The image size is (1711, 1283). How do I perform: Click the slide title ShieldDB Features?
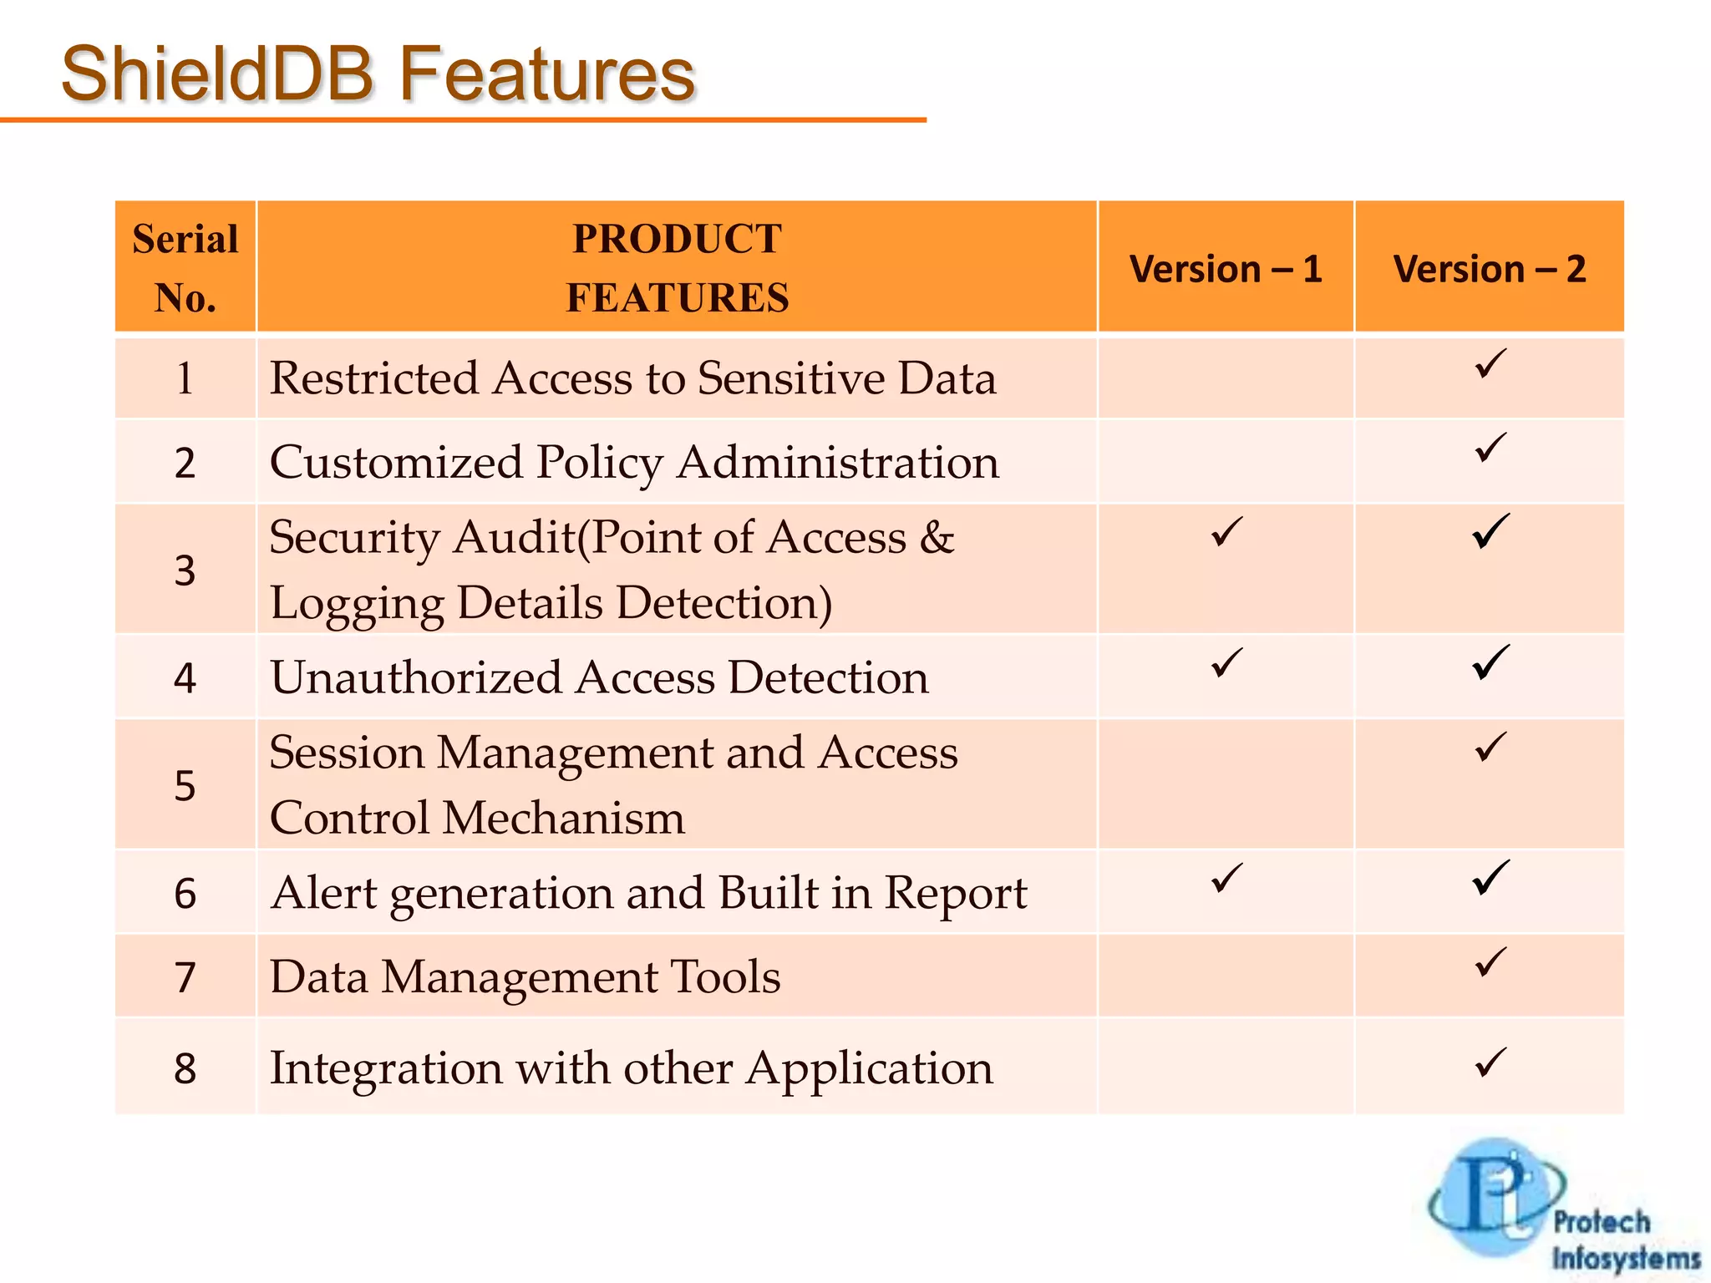[x=378, y=75]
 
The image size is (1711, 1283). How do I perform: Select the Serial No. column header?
[x=185, y=267]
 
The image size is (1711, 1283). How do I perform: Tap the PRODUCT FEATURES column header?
[x=677, y=267]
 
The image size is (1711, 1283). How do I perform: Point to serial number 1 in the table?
[x=185, y=378]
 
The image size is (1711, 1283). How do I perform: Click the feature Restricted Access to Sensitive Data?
[x=632, y=378]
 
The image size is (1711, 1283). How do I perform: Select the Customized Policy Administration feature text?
[x=633, y=462]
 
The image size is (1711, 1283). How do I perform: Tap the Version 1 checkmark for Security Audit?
[x=1226, y=532]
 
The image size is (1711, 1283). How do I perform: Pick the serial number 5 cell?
[x=185, y=785]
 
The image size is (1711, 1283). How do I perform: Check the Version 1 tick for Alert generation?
[x=1226, y=878]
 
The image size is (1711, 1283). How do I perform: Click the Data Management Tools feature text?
[x=525, y=976]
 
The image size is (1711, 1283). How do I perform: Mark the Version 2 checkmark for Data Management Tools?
[x=1490, y=961]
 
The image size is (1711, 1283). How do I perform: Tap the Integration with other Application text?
[x=631, y=1067]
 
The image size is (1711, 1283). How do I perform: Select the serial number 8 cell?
[x=185, y=1068]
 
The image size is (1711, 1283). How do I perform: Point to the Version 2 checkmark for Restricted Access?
[x=1490, y=364]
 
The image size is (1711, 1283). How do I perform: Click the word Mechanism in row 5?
[x=563, y=818]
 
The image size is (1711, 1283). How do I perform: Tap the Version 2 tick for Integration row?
[x=1490, y=1062]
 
